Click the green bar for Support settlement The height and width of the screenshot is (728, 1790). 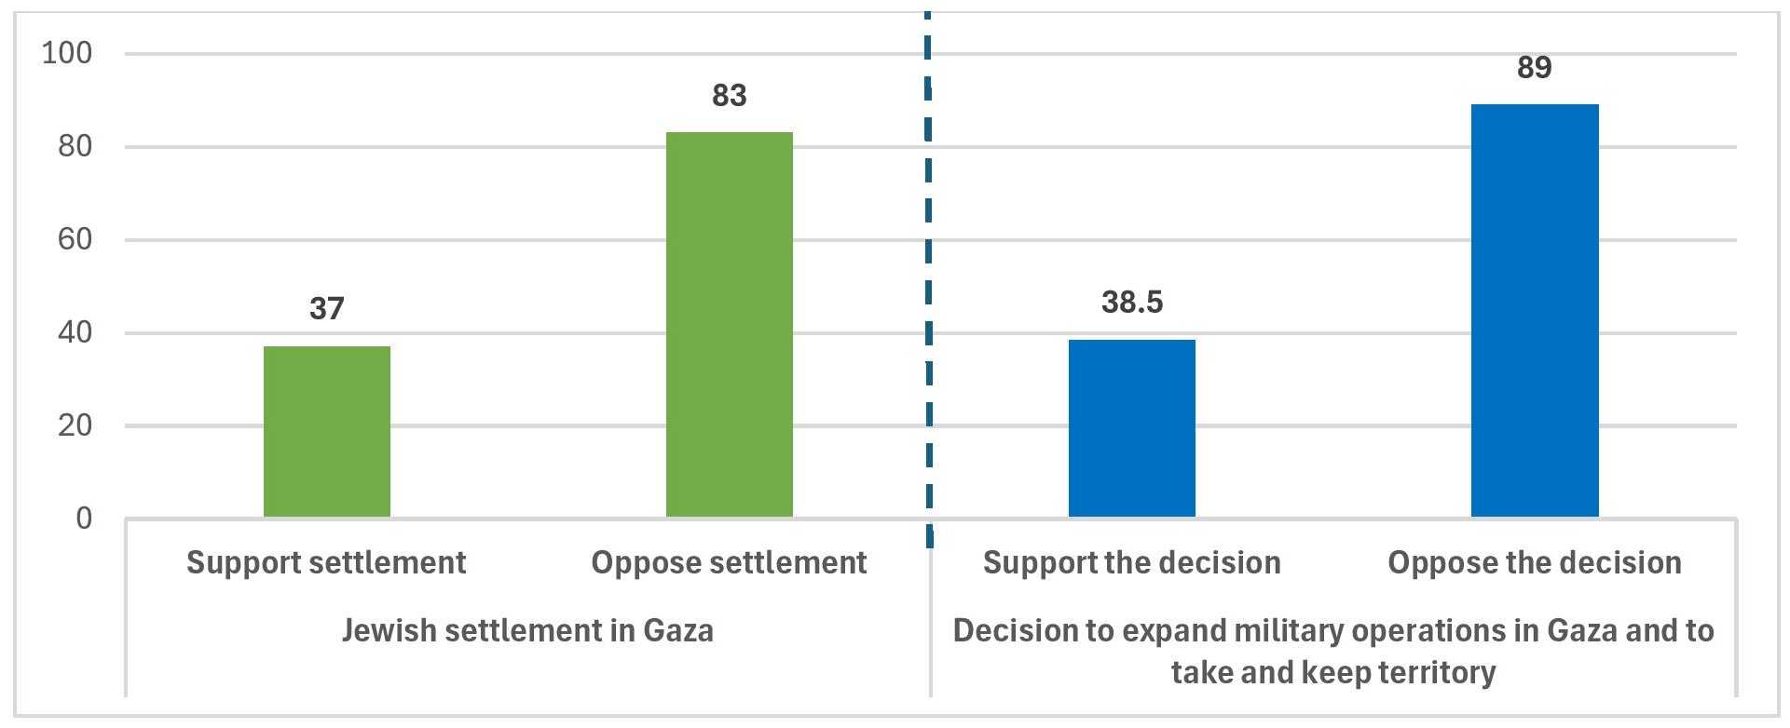tap(327, 431)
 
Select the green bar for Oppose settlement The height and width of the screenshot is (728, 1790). tap(730, 324)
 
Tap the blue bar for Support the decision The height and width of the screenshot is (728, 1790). tap(1132, 427)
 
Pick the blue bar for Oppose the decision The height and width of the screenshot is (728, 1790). tap(1535, 310)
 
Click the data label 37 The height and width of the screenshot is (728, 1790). tap(327, 308)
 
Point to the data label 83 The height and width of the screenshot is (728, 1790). tap(730, 95)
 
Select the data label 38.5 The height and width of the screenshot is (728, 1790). tap(1132, 302)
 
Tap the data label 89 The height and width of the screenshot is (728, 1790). tap(1535, 67)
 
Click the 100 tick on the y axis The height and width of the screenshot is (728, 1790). tap(67, 53)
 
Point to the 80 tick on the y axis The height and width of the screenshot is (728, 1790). tap(75, 146)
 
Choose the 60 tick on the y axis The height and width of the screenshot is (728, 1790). tap(75, 239)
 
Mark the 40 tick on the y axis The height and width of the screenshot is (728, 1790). tap(75, 332)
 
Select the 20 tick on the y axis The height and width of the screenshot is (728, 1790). tap(75, 425)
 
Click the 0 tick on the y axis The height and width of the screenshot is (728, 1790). tap(84, 518)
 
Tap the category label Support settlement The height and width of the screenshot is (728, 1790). tap(326, 562)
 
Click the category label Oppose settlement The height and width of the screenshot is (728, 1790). tap(729, 562)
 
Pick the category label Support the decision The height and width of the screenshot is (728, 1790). tap(1131, 562)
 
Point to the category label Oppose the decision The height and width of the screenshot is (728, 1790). tap(1535, 562)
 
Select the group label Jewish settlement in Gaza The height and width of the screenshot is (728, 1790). tap(527, 630)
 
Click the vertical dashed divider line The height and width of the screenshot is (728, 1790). tap(928, 279)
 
